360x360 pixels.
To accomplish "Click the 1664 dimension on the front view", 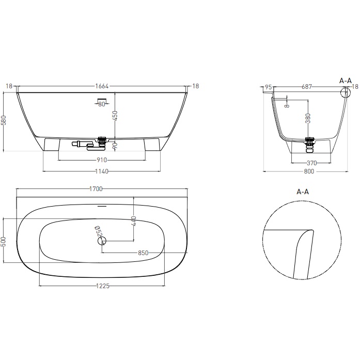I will coord(102,86).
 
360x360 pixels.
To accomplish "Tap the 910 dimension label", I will coord(102,159).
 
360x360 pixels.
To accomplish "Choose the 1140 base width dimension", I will coord(102,171).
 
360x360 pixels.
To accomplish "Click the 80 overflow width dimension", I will coord(102,104).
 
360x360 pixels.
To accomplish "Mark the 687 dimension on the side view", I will coord(307,87).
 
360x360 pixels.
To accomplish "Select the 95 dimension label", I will coord(268,87).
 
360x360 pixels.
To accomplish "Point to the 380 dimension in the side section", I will coord(308,118).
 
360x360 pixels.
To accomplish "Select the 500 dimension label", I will coord(5,242).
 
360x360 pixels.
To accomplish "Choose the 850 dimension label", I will coord(143,253).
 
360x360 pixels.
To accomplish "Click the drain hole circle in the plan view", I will coord(102,241).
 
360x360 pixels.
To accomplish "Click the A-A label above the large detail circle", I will coord(302,192).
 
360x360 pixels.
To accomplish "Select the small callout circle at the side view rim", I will coord(345,93).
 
